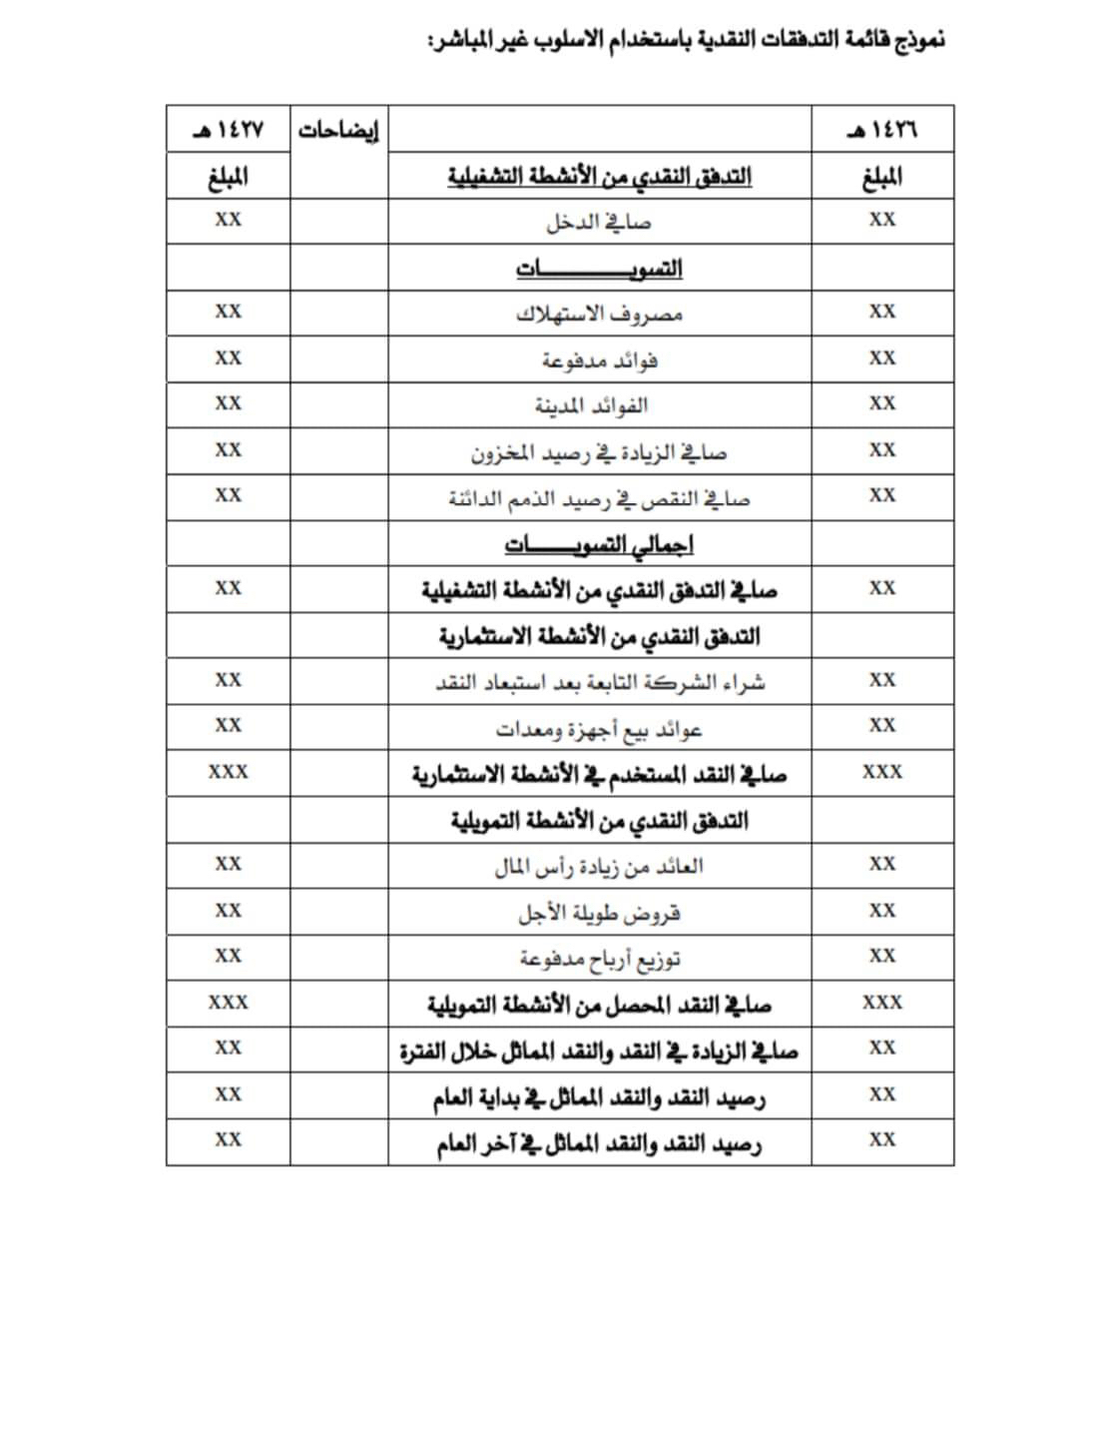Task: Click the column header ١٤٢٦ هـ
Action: coord(882,130)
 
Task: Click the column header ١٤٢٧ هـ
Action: coord(228,130)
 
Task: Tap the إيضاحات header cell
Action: coord(338,131)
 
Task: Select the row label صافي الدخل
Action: coord(598,222)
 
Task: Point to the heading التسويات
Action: coord(599,269)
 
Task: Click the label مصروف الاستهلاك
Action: coord(599,314)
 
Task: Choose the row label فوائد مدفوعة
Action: coord(599,359)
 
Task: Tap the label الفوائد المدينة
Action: coord(591,405)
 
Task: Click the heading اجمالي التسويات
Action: coord(599,544)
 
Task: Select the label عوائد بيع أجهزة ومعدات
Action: coord(599,729)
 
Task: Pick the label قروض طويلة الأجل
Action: coord(599,913)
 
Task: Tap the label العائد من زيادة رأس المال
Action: coord(599,866)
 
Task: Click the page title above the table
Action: coord(686,41)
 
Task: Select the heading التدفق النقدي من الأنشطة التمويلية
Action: coord(599,821)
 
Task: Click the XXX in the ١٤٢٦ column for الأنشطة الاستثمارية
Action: coord(882,772)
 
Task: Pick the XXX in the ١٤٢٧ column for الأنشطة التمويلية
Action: coord(228,1003)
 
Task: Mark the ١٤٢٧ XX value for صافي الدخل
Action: coord(228,220)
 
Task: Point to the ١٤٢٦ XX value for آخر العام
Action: coord(882,1139)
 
